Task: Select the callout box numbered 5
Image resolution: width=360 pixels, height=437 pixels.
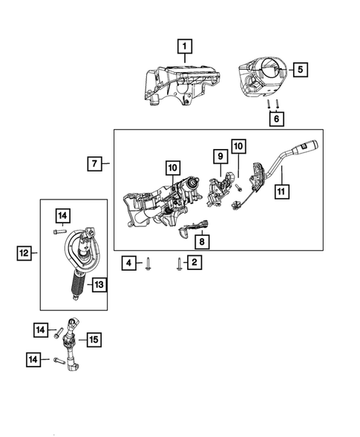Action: pos(301,70)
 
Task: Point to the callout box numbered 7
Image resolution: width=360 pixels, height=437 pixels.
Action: pos(95,162)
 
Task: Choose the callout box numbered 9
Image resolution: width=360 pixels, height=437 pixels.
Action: pos(220,157)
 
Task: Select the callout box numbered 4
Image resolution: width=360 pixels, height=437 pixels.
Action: pos(128,262)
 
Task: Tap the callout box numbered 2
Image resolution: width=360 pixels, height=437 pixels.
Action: pos(194,262)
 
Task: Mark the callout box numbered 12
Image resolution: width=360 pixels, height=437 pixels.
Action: pos(25,254)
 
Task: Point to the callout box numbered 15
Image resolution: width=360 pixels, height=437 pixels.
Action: pos(93,340)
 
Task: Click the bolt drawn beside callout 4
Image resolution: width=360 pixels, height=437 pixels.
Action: pos(149,262)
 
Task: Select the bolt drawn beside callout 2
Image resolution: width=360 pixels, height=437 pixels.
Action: pos(179,262)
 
